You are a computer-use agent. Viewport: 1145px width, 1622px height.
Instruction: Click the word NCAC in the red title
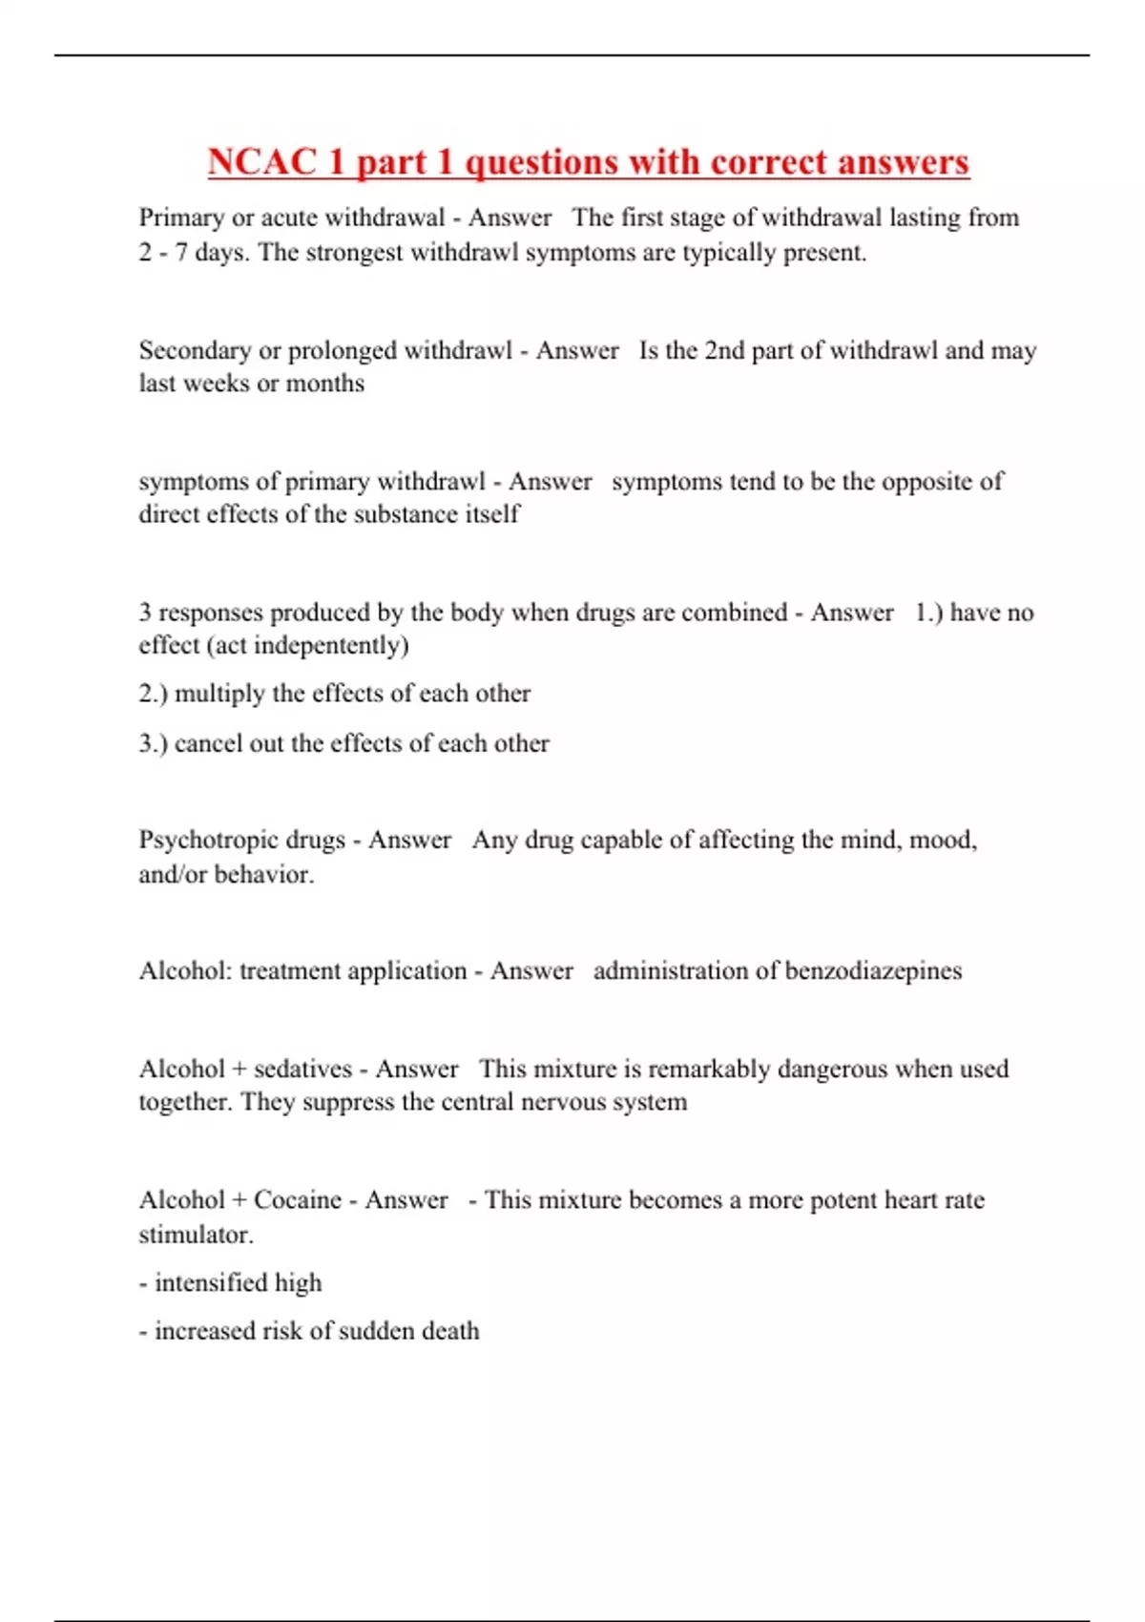(261, 161)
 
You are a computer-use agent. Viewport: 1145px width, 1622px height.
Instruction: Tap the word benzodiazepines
(873, 971)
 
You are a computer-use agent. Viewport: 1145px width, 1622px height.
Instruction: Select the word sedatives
(302, 1070)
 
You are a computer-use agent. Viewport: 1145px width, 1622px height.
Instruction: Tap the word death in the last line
(450, 1331)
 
